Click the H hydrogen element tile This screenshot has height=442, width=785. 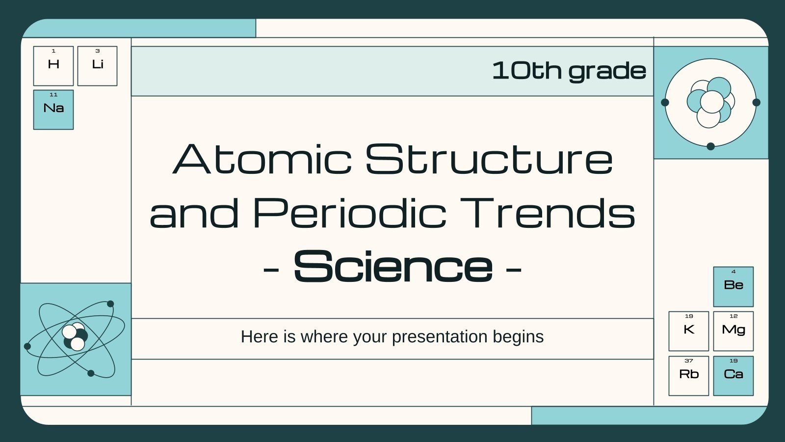pos(53,66)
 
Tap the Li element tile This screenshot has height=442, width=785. pos(97,66)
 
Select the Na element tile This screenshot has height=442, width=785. pos(53,110)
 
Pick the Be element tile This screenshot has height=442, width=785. pos(733,287)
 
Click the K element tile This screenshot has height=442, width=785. pos(688,331)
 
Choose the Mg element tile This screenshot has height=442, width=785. pos(733,331)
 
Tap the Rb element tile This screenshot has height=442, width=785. pos(688,376)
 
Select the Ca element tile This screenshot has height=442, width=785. pos(733,376)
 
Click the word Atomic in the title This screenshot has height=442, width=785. pos(262,160)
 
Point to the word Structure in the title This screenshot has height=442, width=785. pos(489,160)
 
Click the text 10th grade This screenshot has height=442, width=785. pos(569,71)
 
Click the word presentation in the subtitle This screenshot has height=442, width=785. pos(439,337)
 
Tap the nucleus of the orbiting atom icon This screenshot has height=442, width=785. pos(75,337)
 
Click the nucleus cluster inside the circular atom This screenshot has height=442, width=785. pos(710,102)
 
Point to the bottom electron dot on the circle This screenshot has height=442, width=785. pos(710,146)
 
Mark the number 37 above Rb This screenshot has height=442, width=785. pos(688,360)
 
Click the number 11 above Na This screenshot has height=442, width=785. pos(53,94)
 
